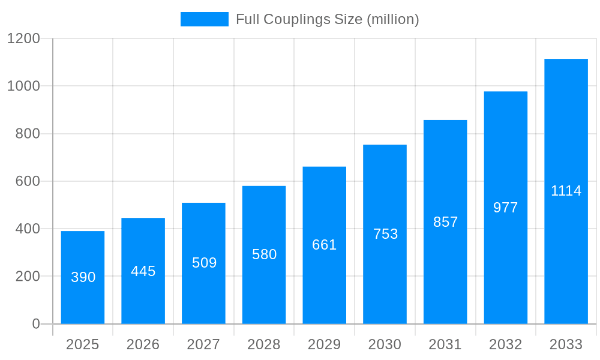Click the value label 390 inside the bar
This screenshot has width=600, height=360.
pyautogui.click(x=83, y=277)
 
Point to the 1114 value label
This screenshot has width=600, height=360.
pyautogui.click(x=566, y=191)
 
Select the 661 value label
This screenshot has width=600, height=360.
pyautogui.click(x=324, y=245)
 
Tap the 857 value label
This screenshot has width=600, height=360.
pyautogui.click(x=445, y=222)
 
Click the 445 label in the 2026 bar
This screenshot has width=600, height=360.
pyautogui.click(x=143, y=271)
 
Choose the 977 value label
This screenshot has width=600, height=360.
pyautogui.click(x=505, y=208)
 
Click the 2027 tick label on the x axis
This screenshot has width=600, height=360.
pyautogui.click(x=203, y=344)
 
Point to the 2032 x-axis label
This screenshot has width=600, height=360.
pyautogui.click(x=505, y=344)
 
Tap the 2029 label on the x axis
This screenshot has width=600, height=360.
pyautogui.click(x=324, y=344)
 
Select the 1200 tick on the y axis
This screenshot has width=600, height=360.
pyautogui.click(x=23, y=39)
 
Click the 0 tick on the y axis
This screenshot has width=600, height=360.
pyautogui.click(x=35, y=324)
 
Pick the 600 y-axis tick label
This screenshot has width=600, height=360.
pyautogui.click(x=27, y=181)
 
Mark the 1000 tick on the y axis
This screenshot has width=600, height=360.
pyautogui.click(x=23, y=86)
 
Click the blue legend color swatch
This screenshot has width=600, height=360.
pyautogui.click(x=204, y=19)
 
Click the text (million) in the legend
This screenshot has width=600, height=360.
pyautogui.click(x=392, y=19)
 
